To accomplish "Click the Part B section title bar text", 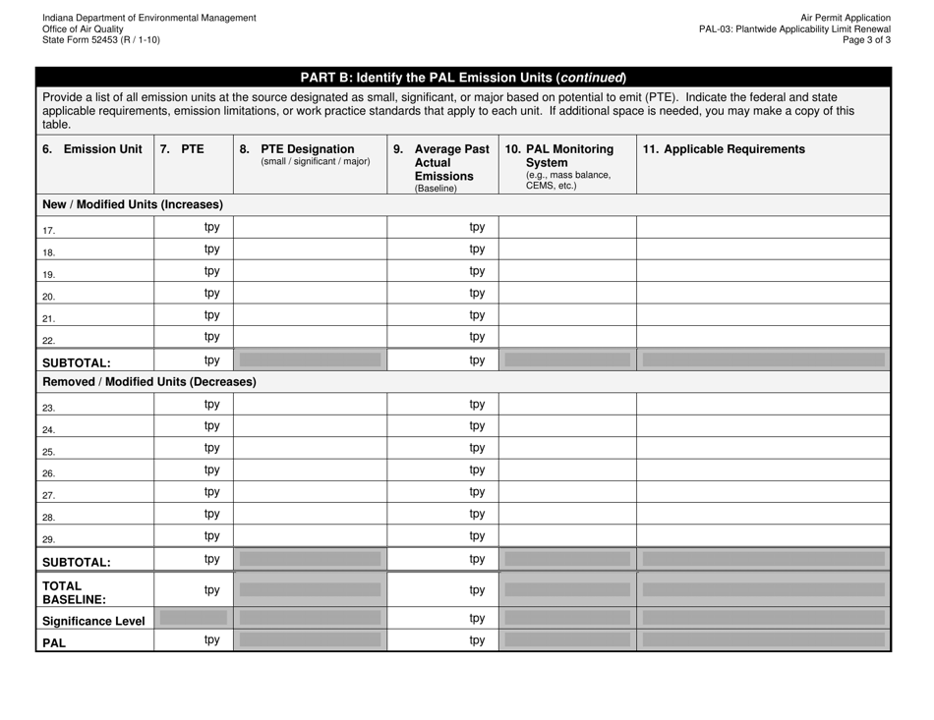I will tap(462, 78).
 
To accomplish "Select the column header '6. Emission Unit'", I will tap(92, 149).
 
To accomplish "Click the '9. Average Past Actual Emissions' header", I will tap(442, 165).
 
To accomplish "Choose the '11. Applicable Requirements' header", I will tap(723, 149).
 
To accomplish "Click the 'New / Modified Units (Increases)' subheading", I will tap(132, 204).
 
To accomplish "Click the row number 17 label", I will tap(49, 229).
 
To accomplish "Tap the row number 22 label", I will tap(49, 339).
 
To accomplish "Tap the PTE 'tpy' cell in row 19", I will tap(211, 271).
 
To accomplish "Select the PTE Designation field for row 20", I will tap(310, 293).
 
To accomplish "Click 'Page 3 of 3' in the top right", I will tap(862, 40).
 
